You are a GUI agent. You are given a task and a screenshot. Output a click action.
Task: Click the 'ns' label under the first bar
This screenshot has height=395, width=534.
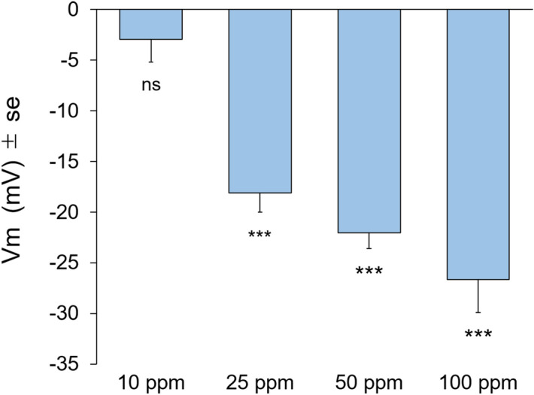150,84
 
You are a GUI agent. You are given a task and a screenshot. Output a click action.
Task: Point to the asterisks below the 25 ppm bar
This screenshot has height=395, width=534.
259,234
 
